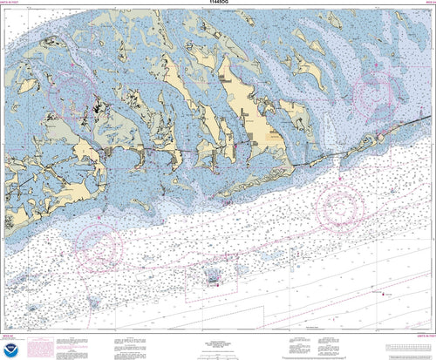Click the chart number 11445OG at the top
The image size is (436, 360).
[217, 4]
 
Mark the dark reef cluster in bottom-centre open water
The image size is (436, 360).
[213, 278]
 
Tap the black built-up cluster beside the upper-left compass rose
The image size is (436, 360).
[94, 112]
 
